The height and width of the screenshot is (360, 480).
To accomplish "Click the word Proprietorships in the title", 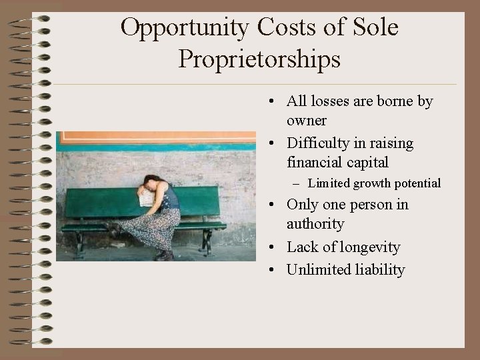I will pyautogui.click(x=260, y=59).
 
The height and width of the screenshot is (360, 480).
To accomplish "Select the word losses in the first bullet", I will pyautogui.click(x=330, y=101).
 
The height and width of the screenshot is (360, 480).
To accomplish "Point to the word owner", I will pyautogui.click(x=307, y=121).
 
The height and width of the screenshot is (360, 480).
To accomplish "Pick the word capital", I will pyautogui.click(x=365, y=162).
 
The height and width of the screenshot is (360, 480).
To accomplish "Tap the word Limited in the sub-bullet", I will pyautogui.click(x=329, y=183).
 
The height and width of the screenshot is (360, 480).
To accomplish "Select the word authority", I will pyautogui.click(x=315, y=223).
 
